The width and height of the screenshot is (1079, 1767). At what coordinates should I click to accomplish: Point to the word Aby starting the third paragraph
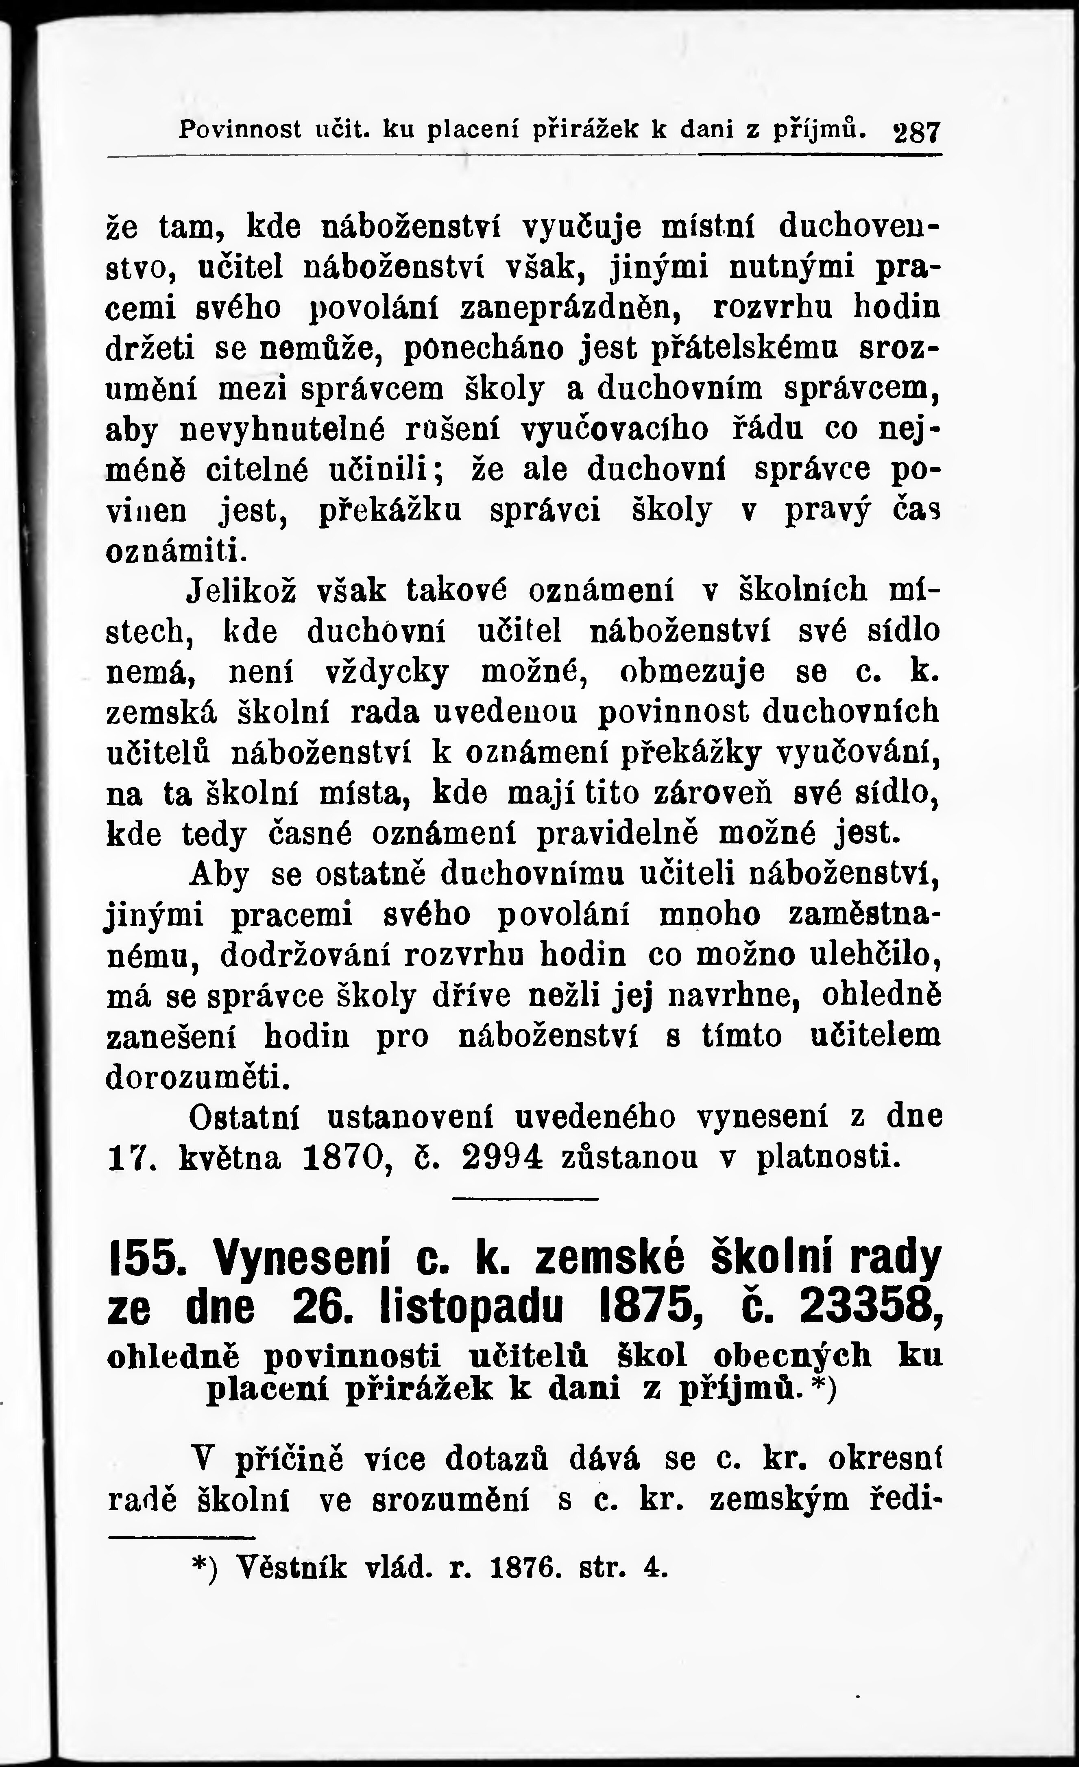(x=219, y=876)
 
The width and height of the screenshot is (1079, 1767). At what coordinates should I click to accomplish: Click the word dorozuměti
(x=198, y=1078)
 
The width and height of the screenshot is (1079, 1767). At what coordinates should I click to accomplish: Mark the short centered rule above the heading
(x=525, y=1199)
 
